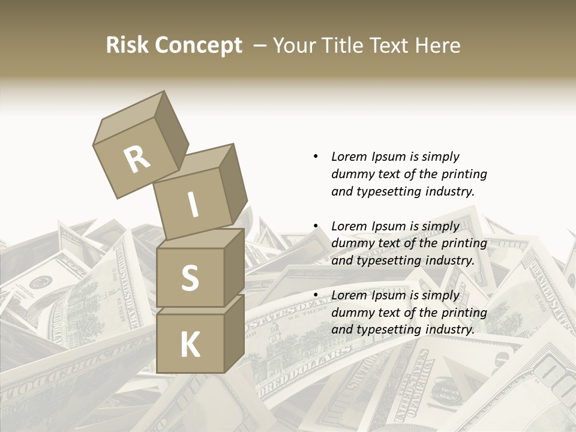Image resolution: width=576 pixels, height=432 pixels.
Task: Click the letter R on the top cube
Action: pyautogui.click(x=137, y=160)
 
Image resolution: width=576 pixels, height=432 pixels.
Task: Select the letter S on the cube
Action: pyautogui.click(x=190, y=277)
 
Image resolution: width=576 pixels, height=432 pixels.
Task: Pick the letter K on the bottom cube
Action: pyautogui.click(x=190, y=344)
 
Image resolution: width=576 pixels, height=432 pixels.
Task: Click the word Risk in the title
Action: pyautogui.click(x=127, y=45)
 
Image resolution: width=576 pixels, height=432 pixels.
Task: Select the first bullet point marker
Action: pyautogui.click(x=316, y=157)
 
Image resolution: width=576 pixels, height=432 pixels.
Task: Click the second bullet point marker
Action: pyautogui.click(x=316, y=226)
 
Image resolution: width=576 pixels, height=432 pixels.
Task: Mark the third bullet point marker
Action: pyautogui.click(x=316, y=295)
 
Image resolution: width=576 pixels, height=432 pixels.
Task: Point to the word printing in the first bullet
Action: pyautogui.click(x=464, y=174)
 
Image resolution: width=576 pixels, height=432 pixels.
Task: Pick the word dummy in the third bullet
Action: pyautogui.click(x=350, y=312)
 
